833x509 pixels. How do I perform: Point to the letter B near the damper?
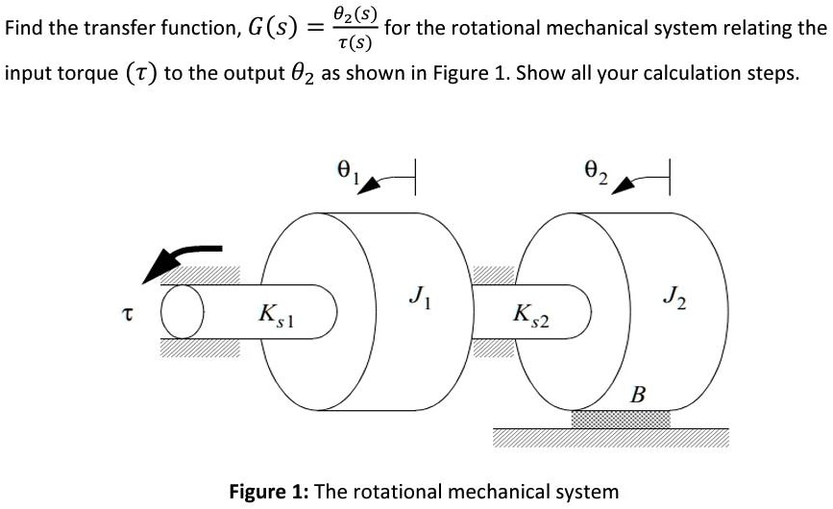pos(636,394)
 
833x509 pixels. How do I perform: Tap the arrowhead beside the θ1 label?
pos(369,184)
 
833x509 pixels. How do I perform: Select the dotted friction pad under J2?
pos(621,419)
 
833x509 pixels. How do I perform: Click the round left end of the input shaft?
pos(177,313)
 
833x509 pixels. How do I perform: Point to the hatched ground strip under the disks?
pos(610,438)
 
